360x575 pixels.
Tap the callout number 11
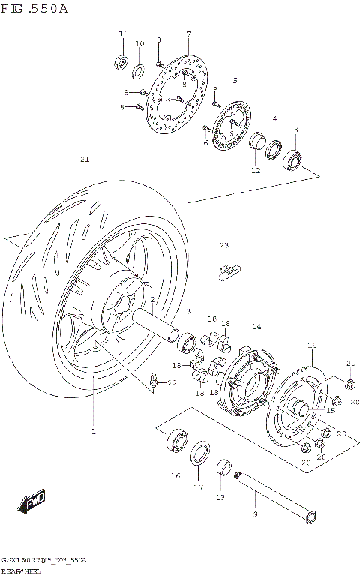[122, 34]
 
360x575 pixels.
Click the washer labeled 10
[139, 72]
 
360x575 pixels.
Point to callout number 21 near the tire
[84, 159]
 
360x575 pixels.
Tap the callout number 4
[274, 119]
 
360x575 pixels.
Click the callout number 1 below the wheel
[94, 431]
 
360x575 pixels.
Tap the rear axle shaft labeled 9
[274, 496]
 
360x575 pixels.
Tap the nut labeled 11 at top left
[120, 62]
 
